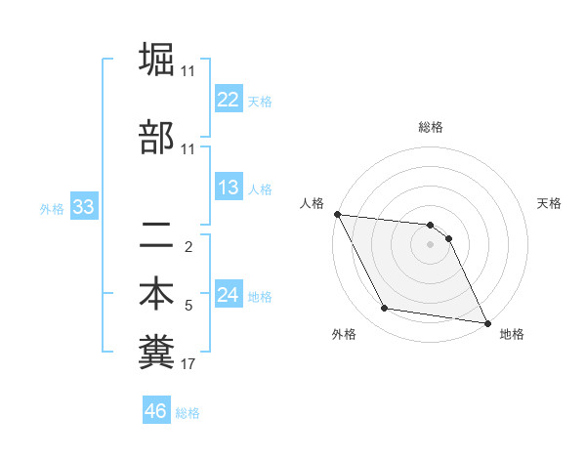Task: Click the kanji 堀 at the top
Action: (x=156, y=61)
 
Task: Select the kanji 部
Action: (x=156, y=138)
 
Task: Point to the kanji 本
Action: (x=156, y=294)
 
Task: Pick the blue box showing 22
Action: (x=228, y=100)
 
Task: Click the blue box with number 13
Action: (x=228, y=188)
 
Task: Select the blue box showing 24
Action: (x=228, y=295)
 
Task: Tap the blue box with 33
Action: (x=82, y=207)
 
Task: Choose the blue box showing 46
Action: (x=156, y=411)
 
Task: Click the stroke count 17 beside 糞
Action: (x=188, y=364)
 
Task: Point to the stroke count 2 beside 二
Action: (x=188, y=246)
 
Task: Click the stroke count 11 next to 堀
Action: (x=188, y=71)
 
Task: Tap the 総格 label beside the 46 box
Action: (x=188, y=413)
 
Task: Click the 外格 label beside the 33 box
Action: (x=52, y=208)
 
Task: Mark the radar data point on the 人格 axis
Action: (x=337, y=214)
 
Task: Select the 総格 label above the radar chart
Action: (x=430, y=127)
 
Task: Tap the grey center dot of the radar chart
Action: (x=430, y=244)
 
